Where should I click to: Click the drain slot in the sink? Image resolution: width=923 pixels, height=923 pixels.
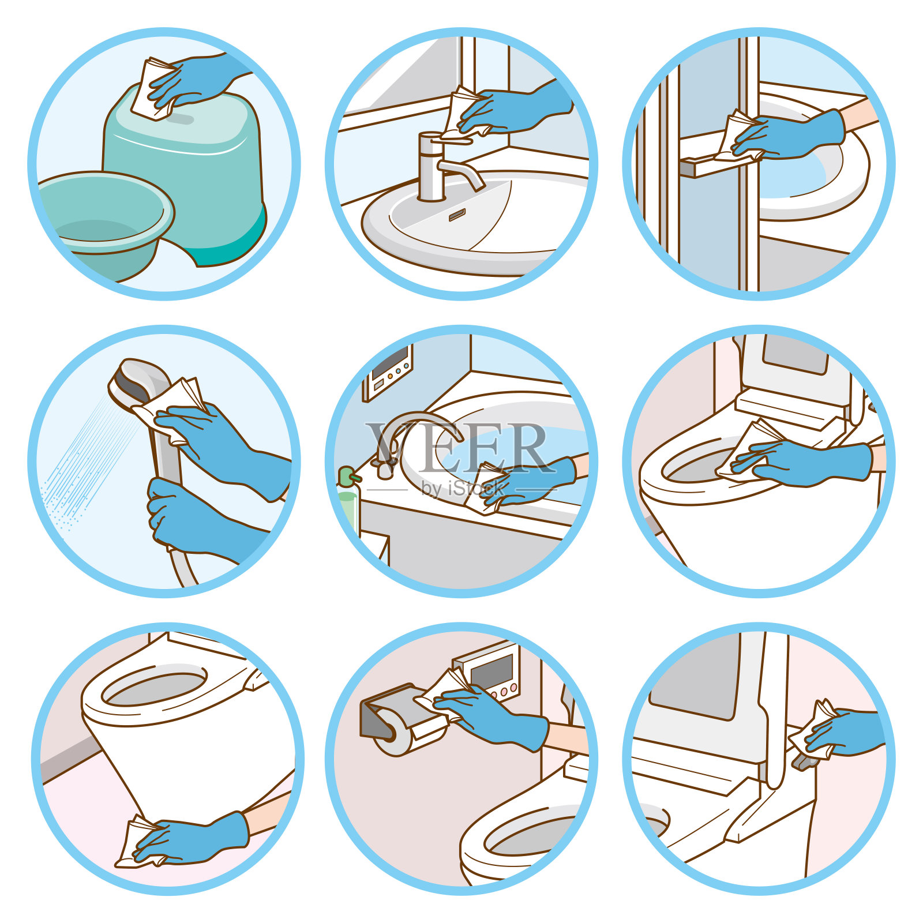(457, 215)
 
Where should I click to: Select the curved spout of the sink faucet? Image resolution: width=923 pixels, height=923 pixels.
(461, 172)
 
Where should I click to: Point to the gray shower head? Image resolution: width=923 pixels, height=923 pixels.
(138, 384)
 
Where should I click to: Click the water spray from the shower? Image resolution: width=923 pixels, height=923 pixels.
(87, 461)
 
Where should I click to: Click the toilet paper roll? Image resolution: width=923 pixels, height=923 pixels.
(404, 736)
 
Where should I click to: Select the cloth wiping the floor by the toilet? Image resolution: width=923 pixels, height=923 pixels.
(138, 843)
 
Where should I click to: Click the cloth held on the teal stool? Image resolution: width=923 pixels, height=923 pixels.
(153, 88)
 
